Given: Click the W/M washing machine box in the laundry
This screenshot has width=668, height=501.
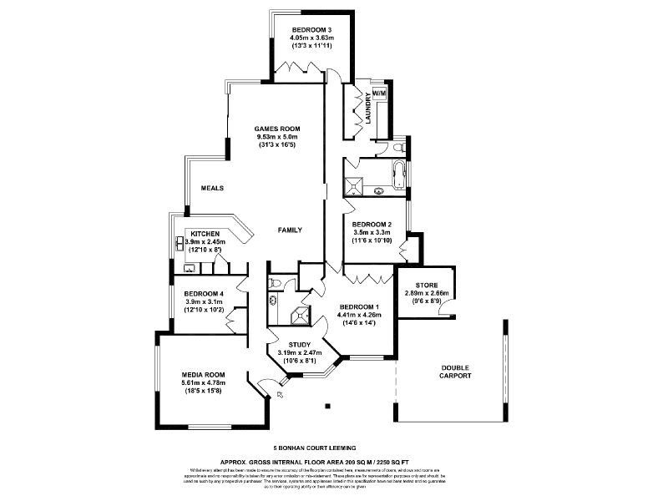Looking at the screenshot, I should (379, 94).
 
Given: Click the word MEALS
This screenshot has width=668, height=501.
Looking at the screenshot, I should (212, 188).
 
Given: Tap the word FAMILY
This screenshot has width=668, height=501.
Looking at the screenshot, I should (290, 230).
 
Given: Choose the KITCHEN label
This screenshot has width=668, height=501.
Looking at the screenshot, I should (205, 234).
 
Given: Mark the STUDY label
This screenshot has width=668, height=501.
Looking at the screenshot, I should (299, 343).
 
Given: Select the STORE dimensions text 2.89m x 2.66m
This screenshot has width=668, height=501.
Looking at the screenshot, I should (426, 293).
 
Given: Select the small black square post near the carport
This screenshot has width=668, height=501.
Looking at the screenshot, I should (327, 407).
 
